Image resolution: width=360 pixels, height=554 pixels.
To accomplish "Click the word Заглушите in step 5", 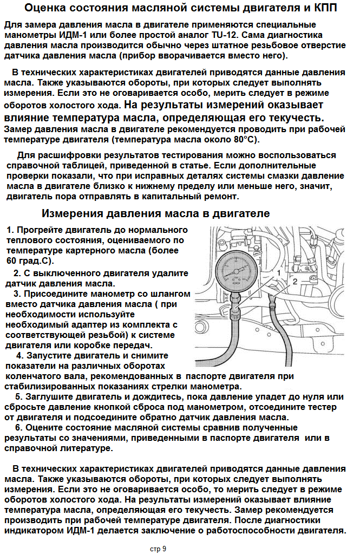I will point(46,397).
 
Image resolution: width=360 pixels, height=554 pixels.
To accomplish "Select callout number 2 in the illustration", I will point(294,282).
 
